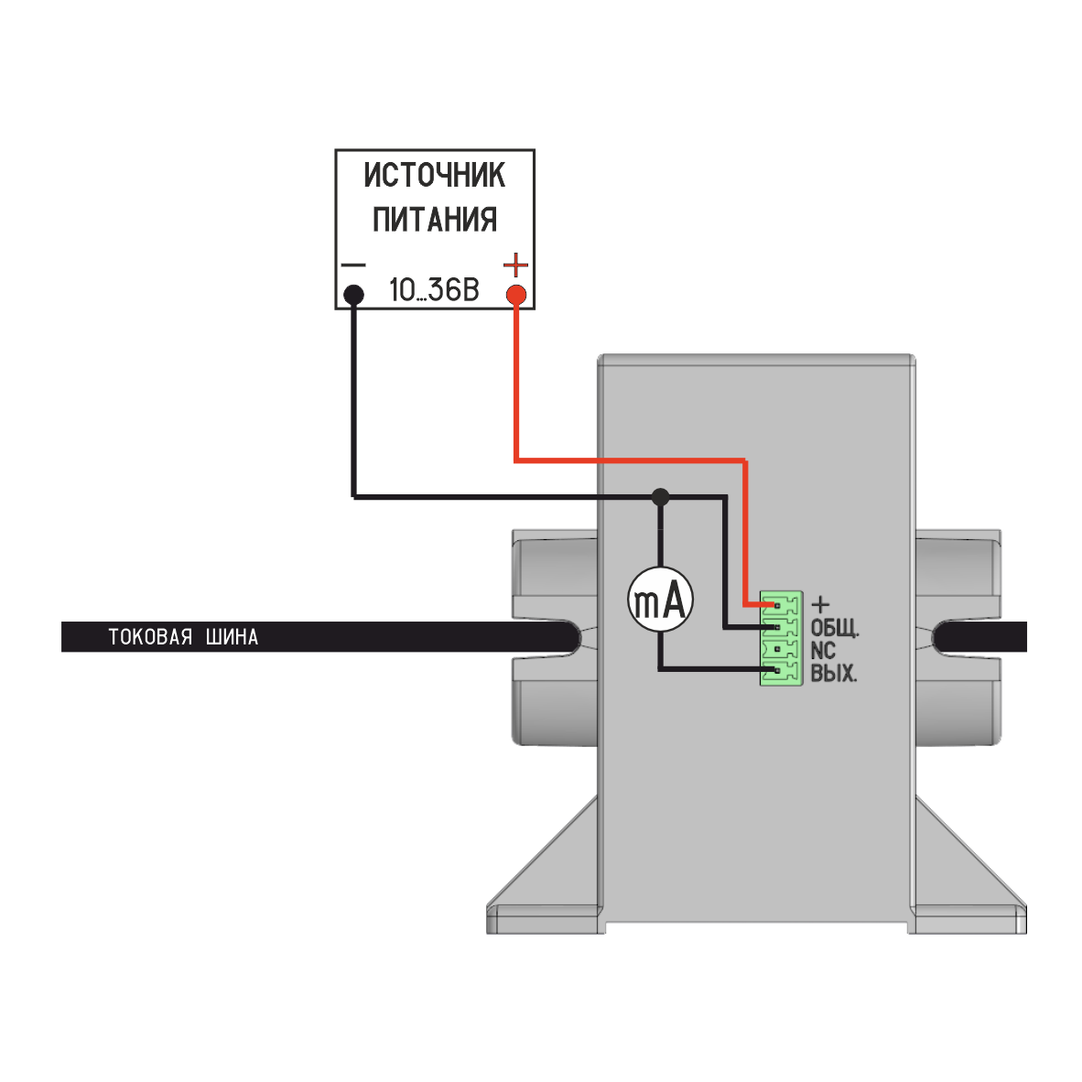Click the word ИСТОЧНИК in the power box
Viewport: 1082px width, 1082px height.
coord(434,174)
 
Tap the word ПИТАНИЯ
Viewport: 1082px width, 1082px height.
coord(434,220)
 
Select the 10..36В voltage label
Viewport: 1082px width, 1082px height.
coord(434,291)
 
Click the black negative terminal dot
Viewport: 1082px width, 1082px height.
coord(353,295)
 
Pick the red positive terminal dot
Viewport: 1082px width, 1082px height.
coord(516,295)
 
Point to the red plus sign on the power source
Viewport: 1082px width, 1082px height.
coord(516,266)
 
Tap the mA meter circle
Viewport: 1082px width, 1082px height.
coord(660,601)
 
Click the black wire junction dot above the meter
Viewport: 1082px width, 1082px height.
coord(660,497)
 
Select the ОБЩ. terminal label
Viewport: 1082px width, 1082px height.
coord(835,629)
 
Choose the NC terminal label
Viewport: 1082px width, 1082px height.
coord(823,651)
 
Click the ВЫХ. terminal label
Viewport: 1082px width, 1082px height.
coord(834,675)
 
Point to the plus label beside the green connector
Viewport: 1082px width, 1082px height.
coord(821,604)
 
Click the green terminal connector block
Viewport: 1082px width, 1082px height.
coord(781,639)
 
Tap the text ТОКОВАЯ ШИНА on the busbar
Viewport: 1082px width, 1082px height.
coord(183,637)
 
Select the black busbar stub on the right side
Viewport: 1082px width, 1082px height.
coord(984,637)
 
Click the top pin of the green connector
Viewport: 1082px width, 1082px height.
coord(777,604)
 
